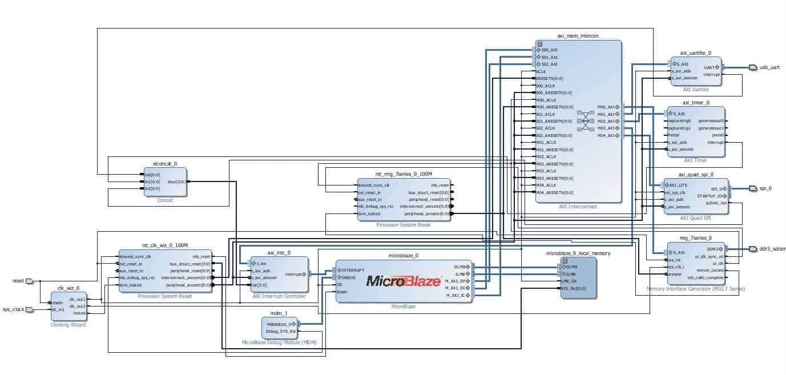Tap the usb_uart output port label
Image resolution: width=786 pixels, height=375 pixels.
pos(769,67)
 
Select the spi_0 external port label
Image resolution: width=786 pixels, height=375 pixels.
pos(765,188)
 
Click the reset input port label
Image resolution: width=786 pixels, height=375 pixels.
pos(19,281)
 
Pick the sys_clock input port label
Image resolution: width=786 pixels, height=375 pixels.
pos(15,310)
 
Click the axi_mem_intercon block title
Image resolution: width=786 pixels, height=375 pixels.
pos(578,36)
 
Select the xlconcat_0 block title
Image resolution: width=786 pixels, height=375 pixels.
pos(165,164)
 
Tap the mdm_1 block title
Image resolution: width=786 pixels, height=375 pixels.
pos(279,313)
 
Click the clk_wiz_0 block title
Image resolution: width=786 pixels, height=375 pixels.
pos(68,289)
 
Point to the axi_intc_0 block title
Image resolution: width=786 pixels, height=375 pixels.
pos(279,252)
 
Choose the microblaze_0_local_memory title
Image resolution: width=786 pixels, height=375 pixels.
pos(578,253)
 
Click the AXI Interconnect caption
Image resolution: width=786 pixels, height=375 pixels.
pos(578,207)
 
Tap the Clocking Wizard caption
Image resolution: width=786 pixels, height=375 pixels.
pos(68,325)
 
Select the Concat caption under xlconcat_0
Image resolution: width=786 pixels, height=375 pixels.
pos(165,200)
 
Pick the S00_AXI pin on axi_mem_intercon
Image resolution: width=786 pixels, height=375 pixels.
pos(550,50)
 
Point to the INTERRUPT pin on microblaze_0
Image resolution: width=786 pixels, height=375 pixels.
pos(353,269)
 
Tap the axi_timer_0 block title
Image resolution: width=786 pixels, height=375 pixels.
pos(696,103)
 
